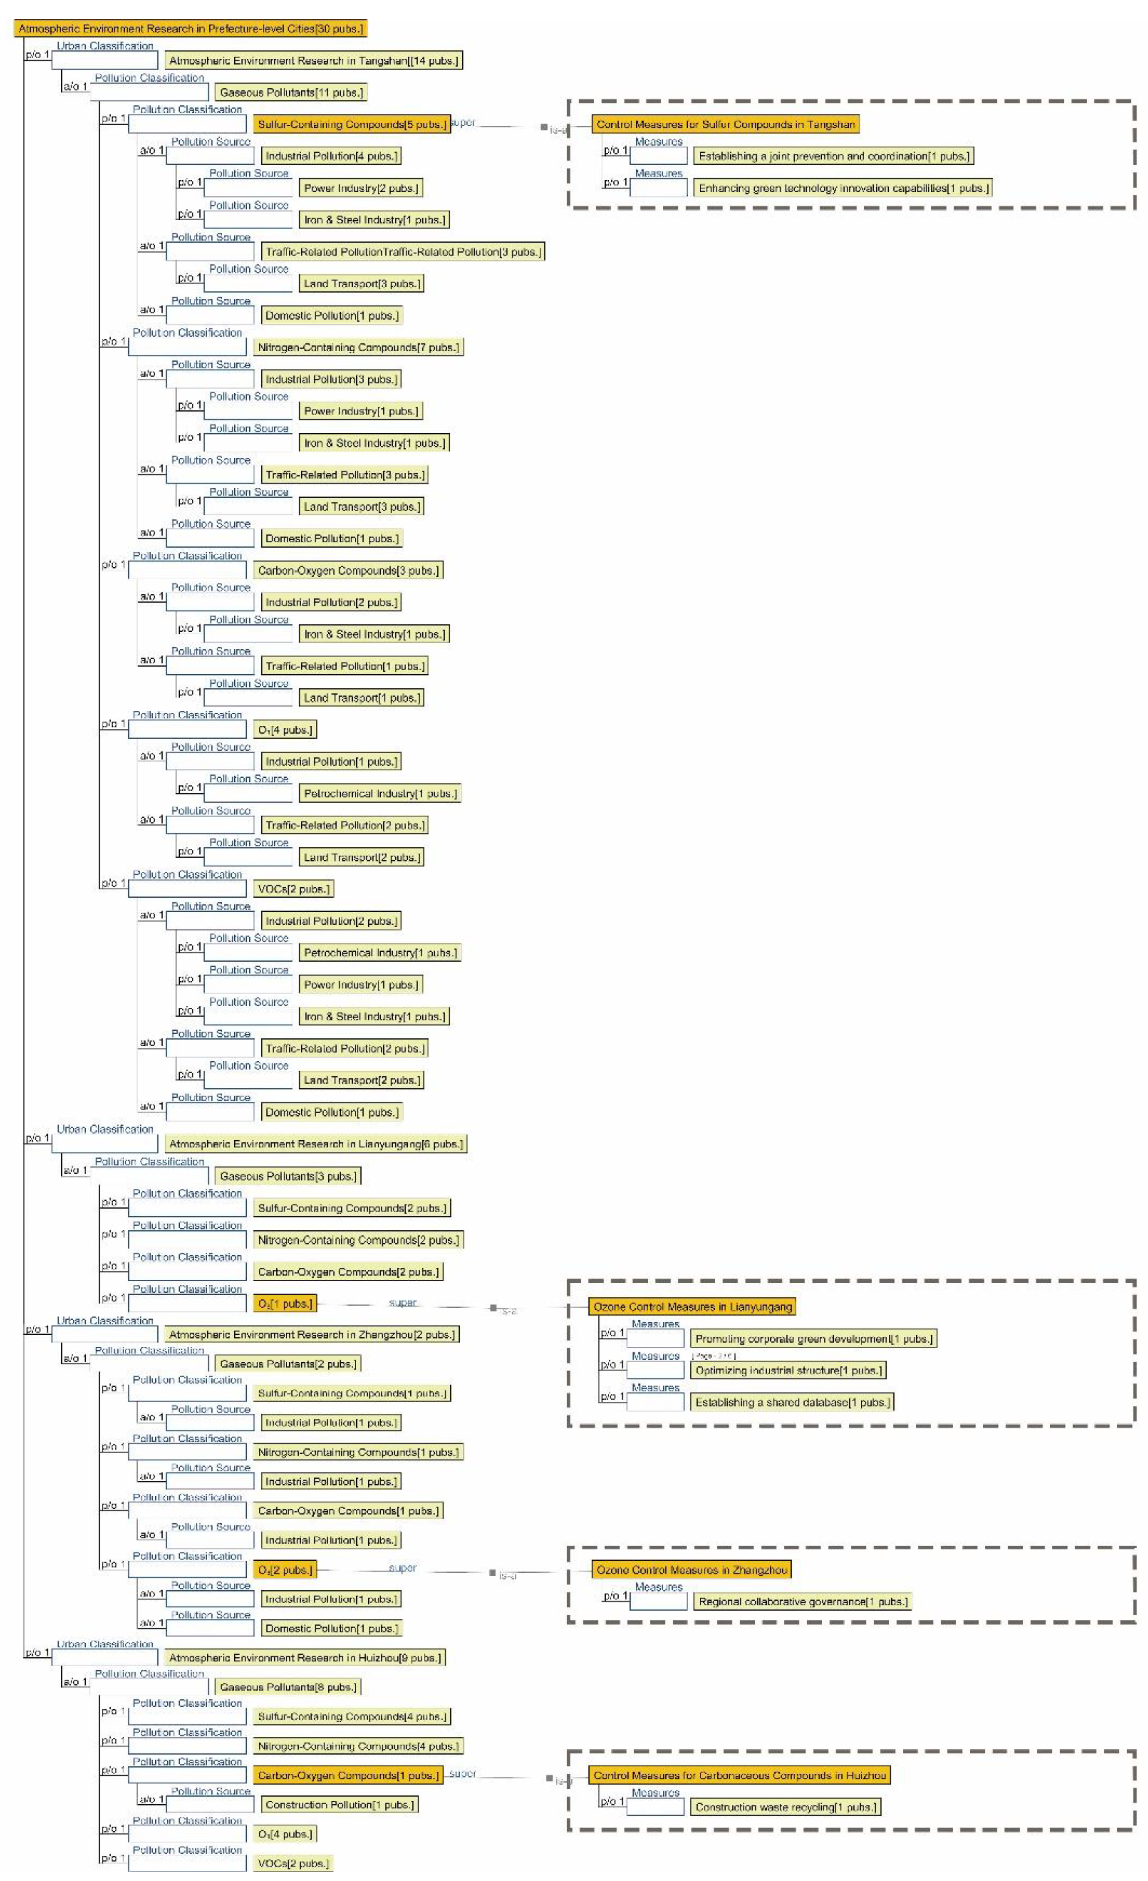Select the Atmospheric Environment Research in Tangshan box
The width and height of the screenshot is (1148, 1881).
pyautogui.click(x=313, y=60)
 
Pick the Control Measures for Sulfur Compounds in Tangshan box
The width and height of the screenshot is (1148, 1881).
pyautogui.click(x=725, y=125)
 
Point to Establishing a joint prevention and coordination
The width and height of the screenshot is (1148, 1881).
pyautogui.click(x=833, y=157)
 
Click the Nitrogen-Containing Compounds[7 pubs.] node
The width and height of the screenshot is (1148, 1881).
pyautogui.click(x=358, y=347)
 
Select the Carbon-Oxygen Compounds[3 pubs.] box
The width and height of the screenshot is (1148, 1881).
pyautogui.click(x=348, y=570)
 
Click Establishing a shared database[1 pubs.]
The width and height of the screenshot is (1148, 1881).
pyautogui.click(x=792, y=1402)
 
